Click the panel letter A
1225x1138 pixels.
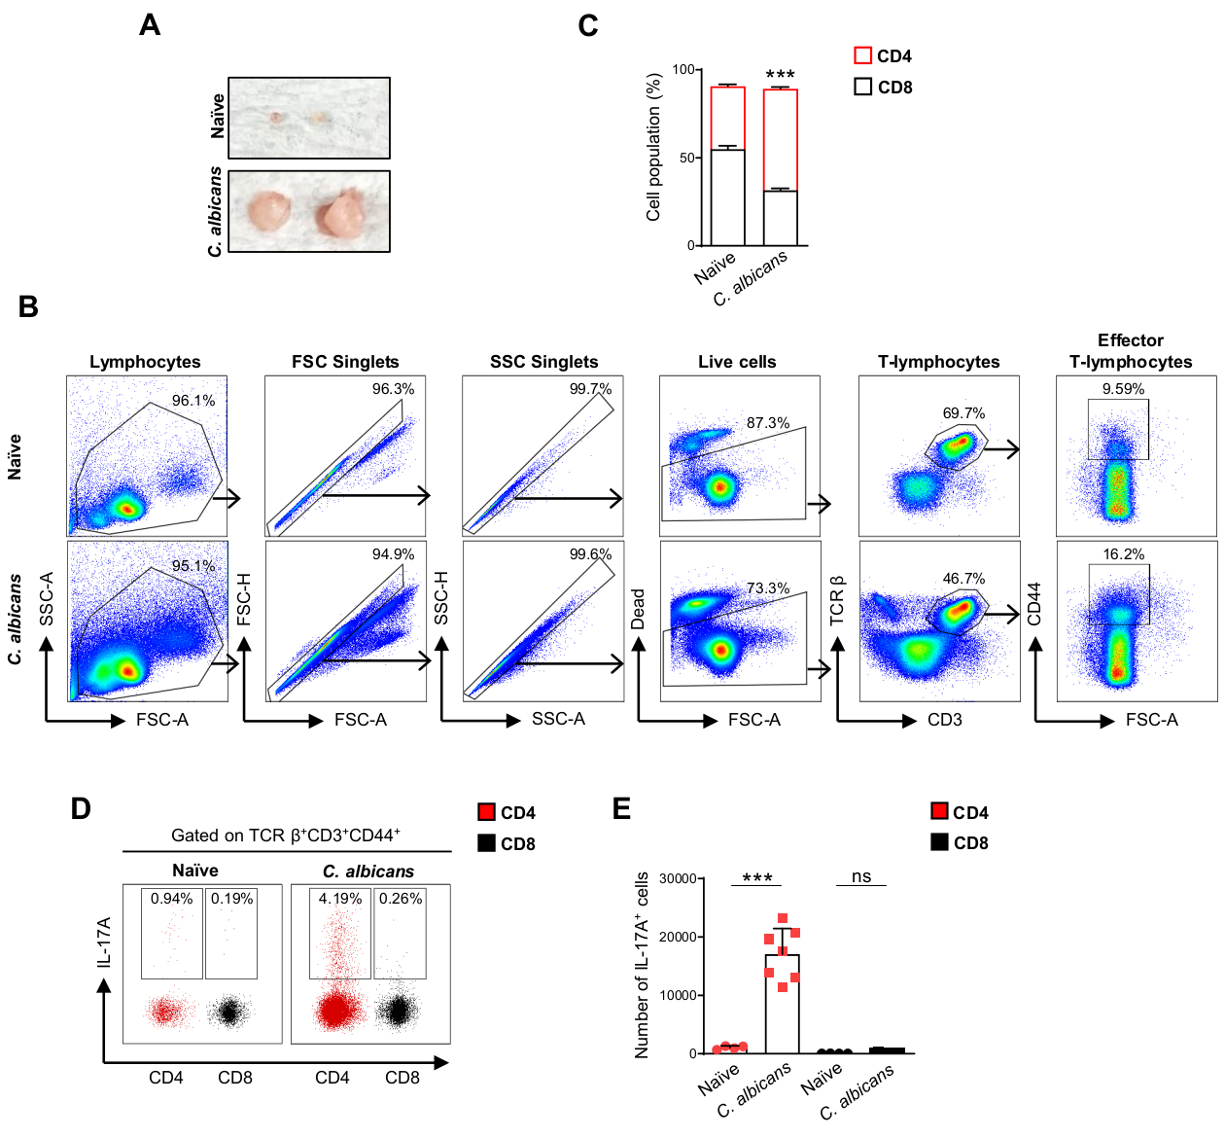click(150, 24)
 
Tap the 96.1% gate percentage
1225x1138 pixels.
click(193, 401)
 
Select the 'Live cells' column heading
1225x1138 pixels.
click(737, 362)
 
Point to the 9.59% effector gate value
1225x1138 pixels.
click(1123, 389)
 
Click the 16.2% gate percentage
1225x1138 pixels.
click(1123, 554)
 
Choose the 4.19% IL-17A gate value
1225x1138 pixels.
click(340, 899)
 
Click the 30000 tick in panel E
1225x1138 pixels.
click(678, 878)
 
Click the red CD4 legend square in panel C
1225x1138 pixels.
click(862, 55)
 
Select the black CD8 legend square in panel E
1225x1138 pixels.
click(939, 842)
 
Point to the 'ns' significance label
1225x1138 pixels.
click(861, 876)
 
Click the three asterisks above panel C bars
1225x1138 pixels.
click(780, 75)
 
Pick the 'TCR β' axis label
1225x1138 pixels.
click(837, 600)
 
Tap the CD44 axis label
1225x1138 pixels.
click(1034, 603)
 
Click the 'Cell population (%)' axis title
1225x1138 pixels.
click(653, 148)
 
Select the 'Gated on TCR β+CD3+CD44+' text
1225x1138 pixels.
click(286, 836)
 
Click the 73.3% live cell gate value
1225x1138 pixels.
click(768, 588)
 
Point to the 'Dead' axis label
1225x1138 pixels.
click(639, 609)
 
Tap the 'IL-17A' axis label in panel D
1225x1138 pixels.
click(104, 942)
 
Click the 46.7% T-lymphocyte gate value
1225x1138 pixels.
click(963, 579)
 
